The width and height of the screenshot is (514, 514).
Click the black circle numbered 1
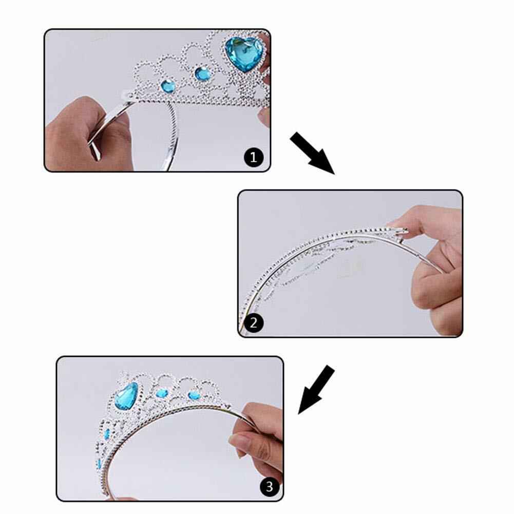pyautogui.click(x=254, y=157)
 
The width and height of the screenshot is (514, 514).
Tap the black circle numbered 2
pyautogui.click(x=254, y=323)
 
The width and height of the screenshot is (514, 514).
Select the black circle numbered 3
pyautogui.click(x=270, y=486)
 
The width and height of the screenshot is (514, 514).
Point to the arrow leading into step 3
pyautogui.click(x=316, y=389)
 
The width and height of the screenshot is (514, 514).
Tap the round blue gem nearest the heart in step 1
pyautogui.click(x=203, y=73)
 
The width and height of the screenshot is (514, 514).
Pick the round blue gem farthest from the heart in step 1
pyautogui.click(x=168, y=86)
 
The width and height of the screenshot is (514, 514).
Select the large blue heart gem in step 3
pyautogui.click(x=126, y=396)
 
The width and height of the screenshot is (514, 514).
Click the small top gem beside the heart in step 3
pyautogui.click(x=162, y=393)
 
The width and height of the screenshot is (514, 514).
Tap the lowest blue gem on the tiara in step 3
pyautogui.click(x=99, y=463)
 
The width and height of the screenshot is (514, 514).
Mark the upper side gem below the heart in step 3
pyautogui.click(x=107, y=434)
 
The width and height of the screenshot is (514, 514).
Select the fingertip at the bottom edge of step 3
pyautogui.click(x=126, y=499)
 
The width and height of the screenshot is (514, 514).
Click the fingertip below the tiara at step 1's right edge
pyautogui.click(x=263, y=117)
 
